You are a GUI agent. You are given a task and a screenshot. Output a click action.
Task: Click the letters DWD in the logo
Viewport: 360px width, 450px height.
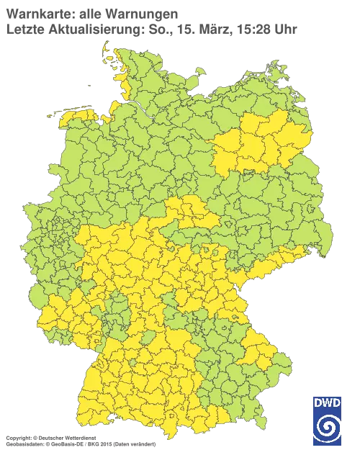[328, 402]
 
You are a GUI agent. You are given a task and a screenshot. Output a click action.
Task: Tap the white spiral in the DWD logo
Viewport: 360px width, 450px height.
[328, 424]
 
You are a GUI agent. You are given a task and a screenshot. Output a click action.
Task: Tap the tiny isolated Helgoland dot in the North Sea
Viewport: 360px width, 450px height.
[89, 84]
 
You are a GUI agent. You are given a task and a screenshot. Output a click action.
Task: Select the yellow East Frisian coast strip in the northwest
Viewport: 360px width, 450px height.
[76, 114]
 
